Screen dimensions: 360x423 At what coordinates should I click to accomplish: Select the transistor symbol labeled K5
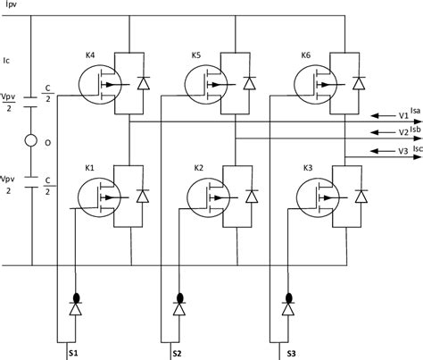(x=206, y=85)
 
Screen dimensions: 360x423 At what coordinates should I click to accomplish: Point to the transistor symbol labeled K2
(x=206, y=194)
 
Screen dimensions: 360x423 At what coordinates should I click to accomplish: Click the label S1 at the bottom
(x=74, y=354)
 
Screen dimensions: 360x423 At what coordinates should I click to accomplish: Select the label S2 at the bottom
(x=178, y=354)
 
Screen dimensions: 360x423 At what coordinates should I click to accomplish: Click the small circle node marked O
(x=30, y=140)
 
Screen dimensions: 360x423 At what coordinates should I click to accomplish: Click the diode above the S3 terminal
(x=289, y=310)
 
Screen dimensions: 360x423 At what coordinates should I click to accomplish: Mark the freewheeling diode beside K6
(x=359, y=86)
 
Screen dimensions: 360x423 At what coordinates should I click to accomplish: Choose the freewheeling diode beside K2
(x=251, y=195)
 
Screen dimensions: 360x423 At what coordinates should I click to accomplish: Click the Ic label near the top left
(x=9, y=62)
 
